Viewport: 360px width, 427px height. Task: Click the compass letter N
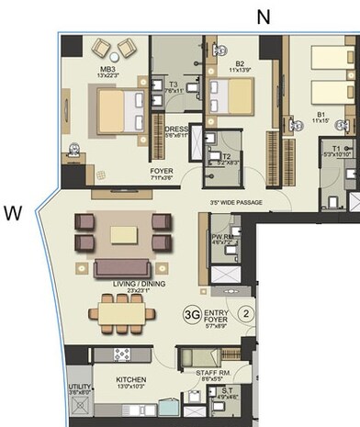coord(264,16)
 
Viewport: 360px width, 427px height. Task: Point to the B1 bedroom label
coord(321,117)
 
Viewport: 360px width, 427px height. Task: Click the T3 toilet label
coord(172,86)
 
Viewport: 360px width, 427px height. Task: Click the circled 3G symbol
coord(193,312)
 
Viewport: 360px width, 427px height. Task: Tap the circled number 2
coord(246,312)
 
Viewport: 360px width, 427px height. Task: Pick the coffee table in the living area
coord(126,234)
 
